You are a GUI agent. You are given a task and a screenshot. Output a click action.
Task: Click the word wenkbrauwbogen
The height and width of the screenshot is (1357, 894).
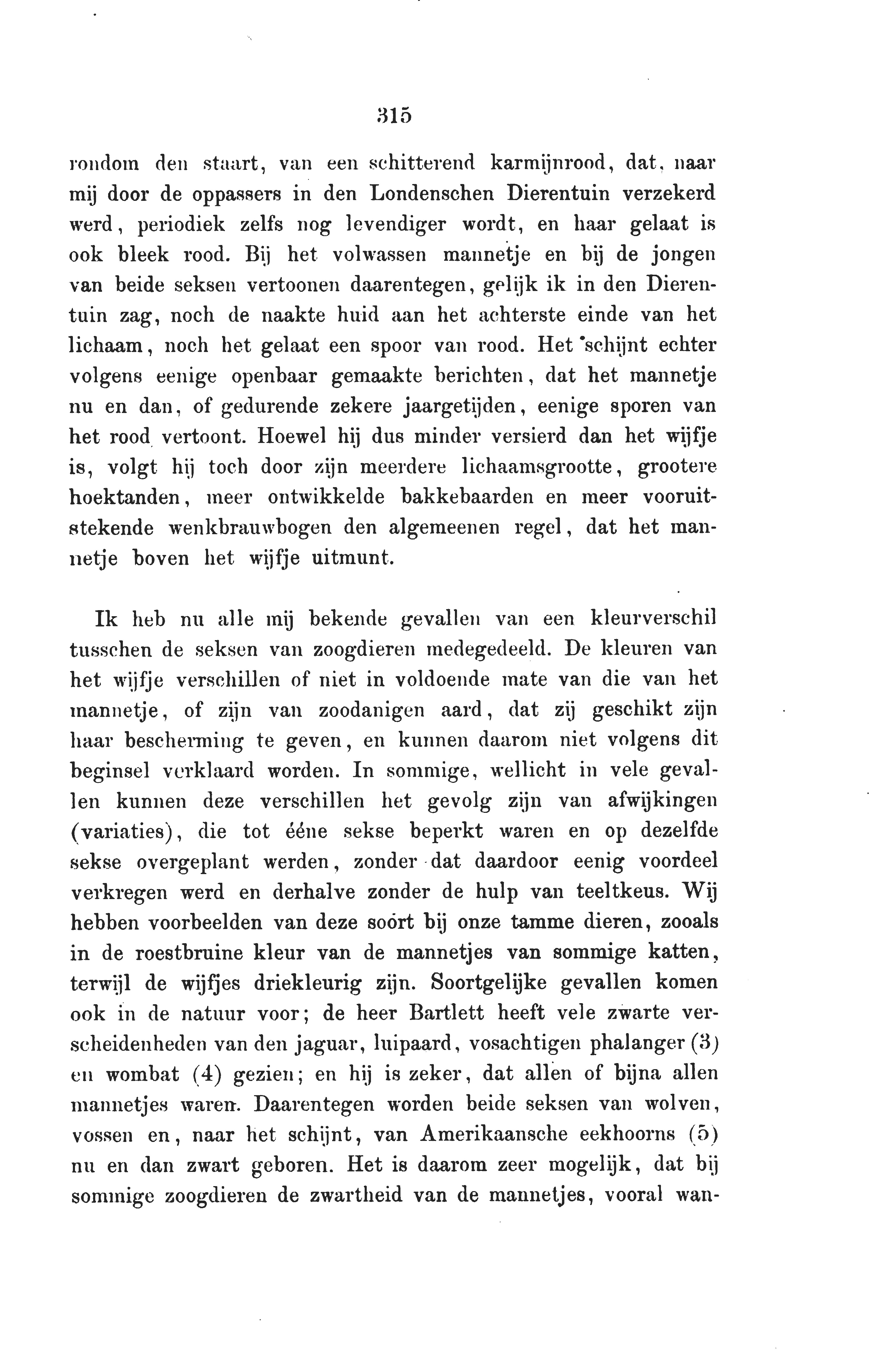click(251, 527)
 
